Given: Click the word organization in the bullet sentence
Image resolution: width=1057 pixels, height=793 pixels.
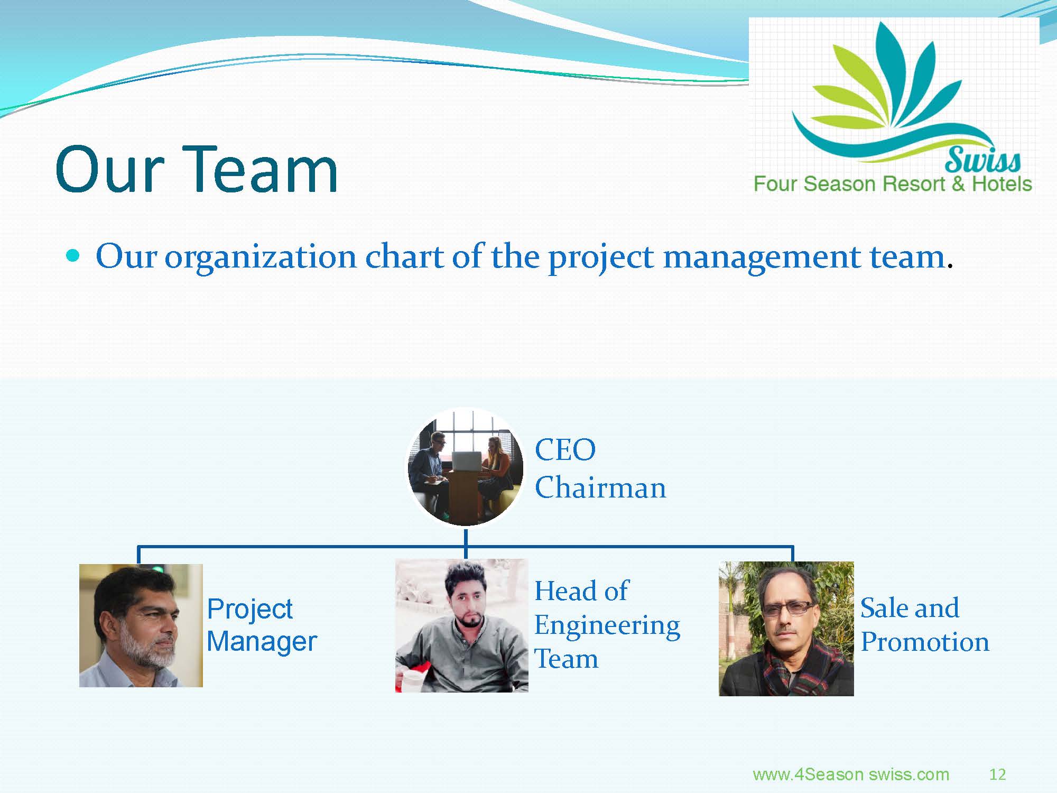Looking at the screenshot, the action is pos(261,257).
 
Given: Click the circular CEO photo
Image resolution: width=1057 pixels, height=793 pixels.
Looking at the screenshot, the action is pos(466,467).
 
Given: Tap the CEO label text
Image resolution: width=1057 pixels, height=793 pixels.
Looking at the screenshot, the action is pos(565,450).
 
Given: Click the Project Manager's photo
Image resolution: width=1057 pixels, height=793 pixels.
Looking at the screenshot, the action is pos(141,625).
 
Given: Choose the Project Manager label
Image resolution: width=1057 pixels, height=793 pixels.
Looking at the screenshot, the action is pos(262,625).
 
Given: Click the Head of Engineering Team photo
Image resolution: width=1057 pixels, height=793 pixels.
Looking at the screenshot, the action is pos(461,626).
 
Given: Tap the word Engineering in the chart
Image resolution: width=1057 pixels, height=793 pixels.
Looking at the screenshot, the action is pos(607,626).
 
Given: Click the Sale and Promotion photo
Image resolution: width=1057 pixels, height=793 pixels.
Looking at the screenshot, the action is pos(786,629).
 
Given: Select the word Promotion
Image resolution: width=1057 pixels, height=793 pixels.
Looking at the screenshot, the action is pos(925,642).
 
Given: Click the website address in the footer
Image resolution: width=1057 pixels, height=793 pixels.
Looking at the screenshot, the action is pos(851,774).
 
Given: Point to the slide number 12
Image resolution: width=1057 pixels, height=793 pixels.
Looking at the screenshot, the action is pos(997,774).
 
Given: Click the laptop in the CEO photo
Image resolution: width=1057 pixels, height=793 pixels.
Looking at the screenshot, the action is pos(467,460).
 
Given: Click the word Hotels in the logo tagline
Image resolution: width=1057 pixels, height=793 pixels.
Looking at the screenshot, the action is pos(1002,183).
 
